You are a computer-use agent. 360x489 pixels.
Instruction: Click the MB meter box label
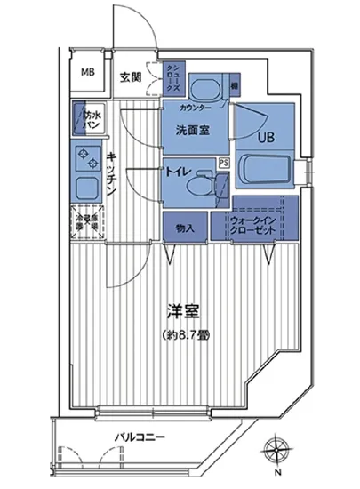(89, 74)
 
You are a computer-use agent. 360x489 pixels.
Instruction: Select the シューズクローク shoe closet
(172, 79)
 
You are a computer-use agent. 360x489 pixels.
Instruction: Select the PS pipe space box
(224, 162)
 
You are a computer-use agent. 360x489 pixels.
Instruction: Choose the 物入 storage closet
(184, 228)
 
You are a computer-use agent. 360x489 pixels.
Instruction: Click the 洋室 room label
(180, 312)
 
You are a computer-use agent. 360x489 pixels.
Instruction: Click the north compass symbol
(277, 451)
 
